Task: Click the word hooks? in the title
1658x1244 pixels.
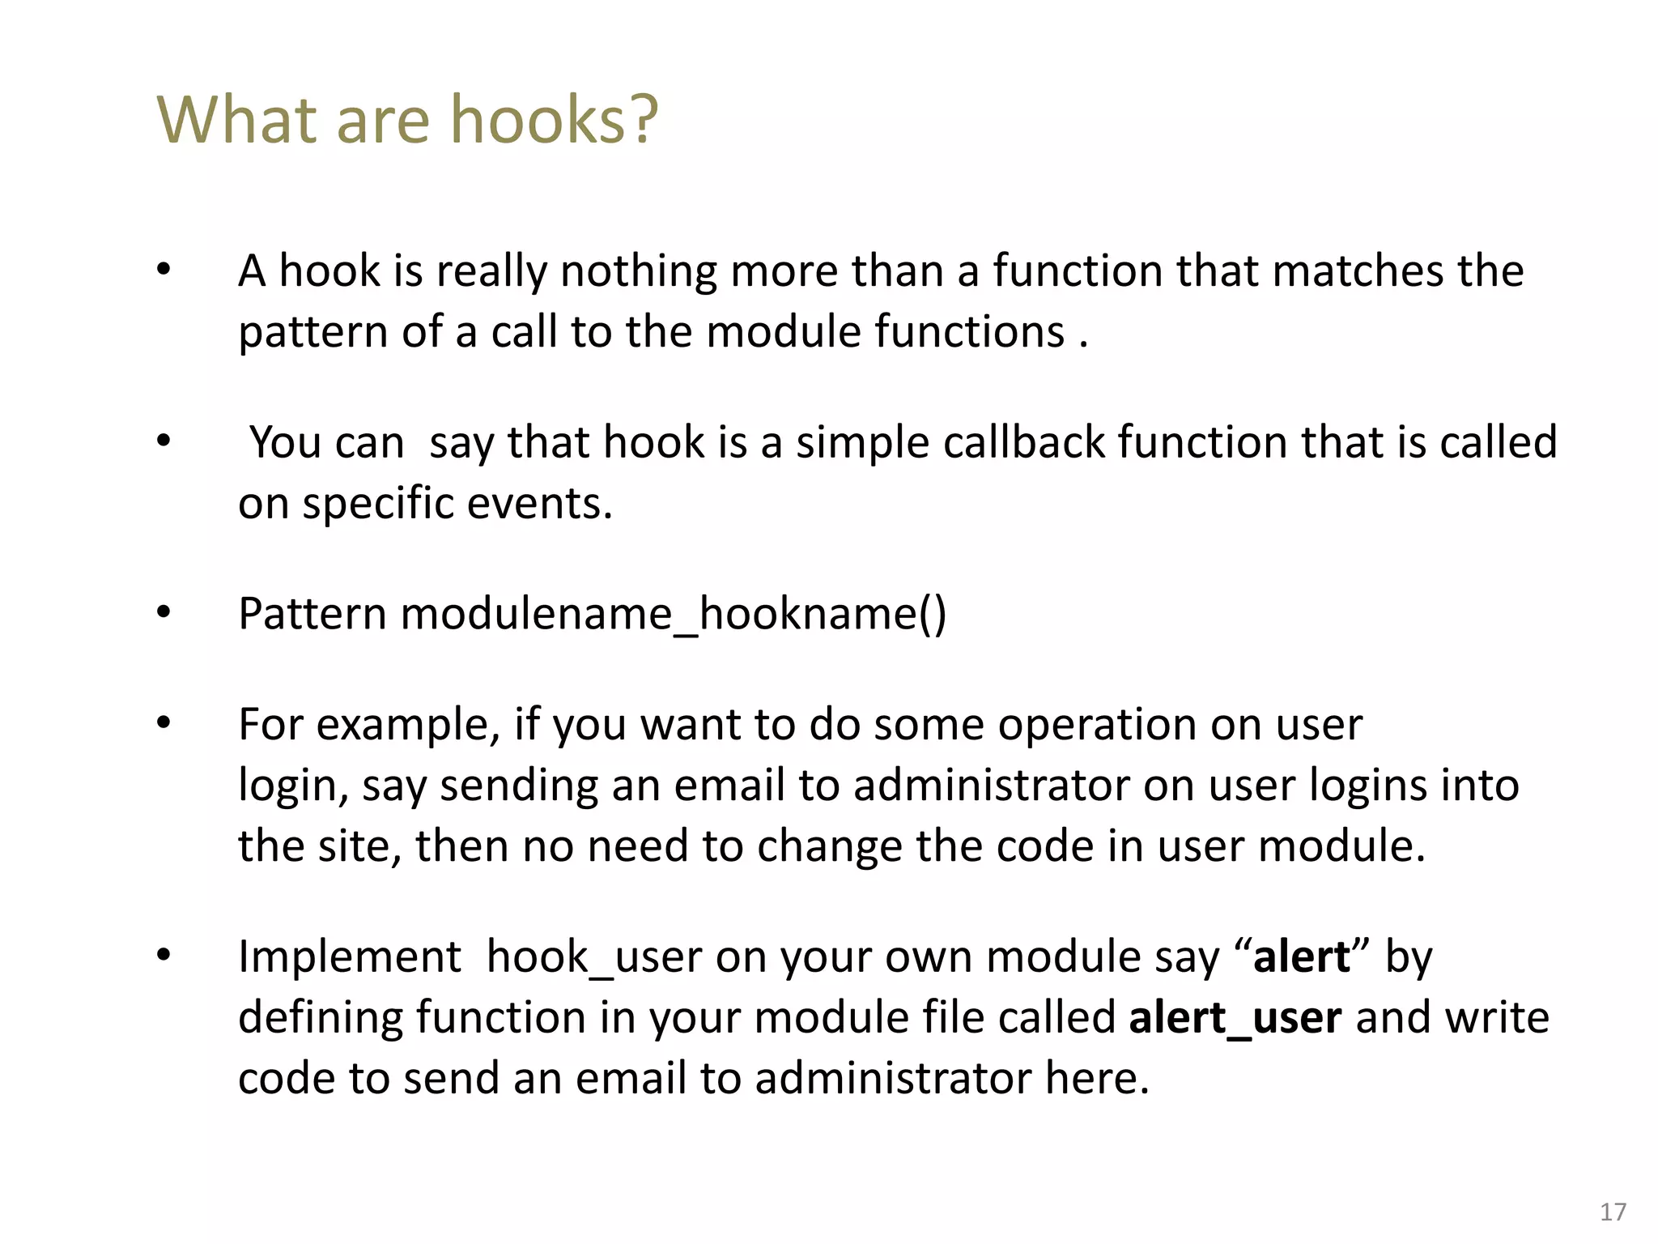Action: [x=554, y=120]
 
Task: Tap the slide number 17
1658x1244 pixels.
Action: [x=1613, y=1212]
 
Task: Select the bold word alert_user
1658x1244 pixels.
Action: [x=1235, y=1018]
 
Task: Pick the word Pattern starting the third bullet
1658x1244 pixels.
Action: [x=312, y=614]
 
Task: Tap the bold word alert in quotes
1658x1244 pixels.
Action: [x=1301, y=957]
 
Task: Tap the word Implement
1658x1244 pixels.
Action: [x=349, y=957]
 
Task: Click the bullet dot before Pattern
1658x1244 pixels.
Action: [x=164, y=613]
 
